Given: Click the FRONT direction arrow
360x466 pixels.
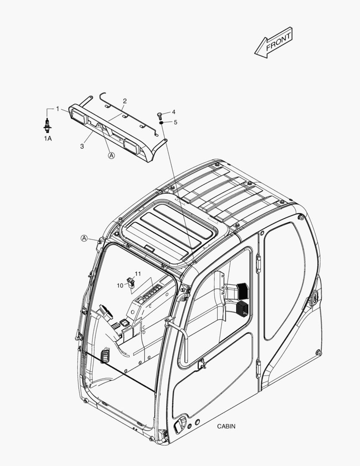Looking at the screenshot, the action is coord(274,42).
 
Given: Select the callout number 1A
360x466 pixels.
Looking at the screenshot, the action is coord(48,139).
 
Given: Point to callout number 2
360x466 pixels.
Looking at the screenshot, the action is coord(125,101).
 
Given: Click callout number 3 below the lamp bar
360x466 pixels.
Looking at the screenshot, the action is coord(82,146).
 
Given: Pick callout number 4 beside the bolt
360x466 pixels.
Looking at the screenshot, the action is coord(173,112).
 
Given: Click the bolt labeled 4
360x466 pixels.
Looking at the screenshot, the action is coord(159,115).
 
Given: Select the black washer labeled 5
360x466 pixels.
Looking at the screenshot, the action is coord(161,123).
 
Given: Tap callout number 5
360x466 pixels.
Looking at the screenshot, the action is coord(175,122).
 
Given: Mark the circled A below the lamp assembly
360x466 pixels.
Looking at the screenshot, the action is coord(111,155).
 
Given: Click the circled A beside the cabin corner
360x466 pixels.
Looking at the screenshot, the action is coord(85,238).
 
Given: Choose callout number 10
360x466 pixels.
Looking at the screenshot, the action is coord(120,286).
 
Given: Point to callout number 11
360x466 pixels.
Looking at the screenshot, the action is coord(138,274).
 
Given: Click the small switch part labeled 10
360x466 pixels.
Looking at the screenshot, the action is coord(131,282).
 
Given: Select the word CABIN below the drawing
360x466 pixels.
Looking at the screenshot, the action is coord(226,426).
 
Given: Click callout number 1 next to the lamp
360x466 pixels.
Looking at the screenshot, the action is coord(58,109).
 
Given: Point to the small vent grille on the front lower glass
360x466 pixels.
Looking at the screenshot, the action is coord(105,356).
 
